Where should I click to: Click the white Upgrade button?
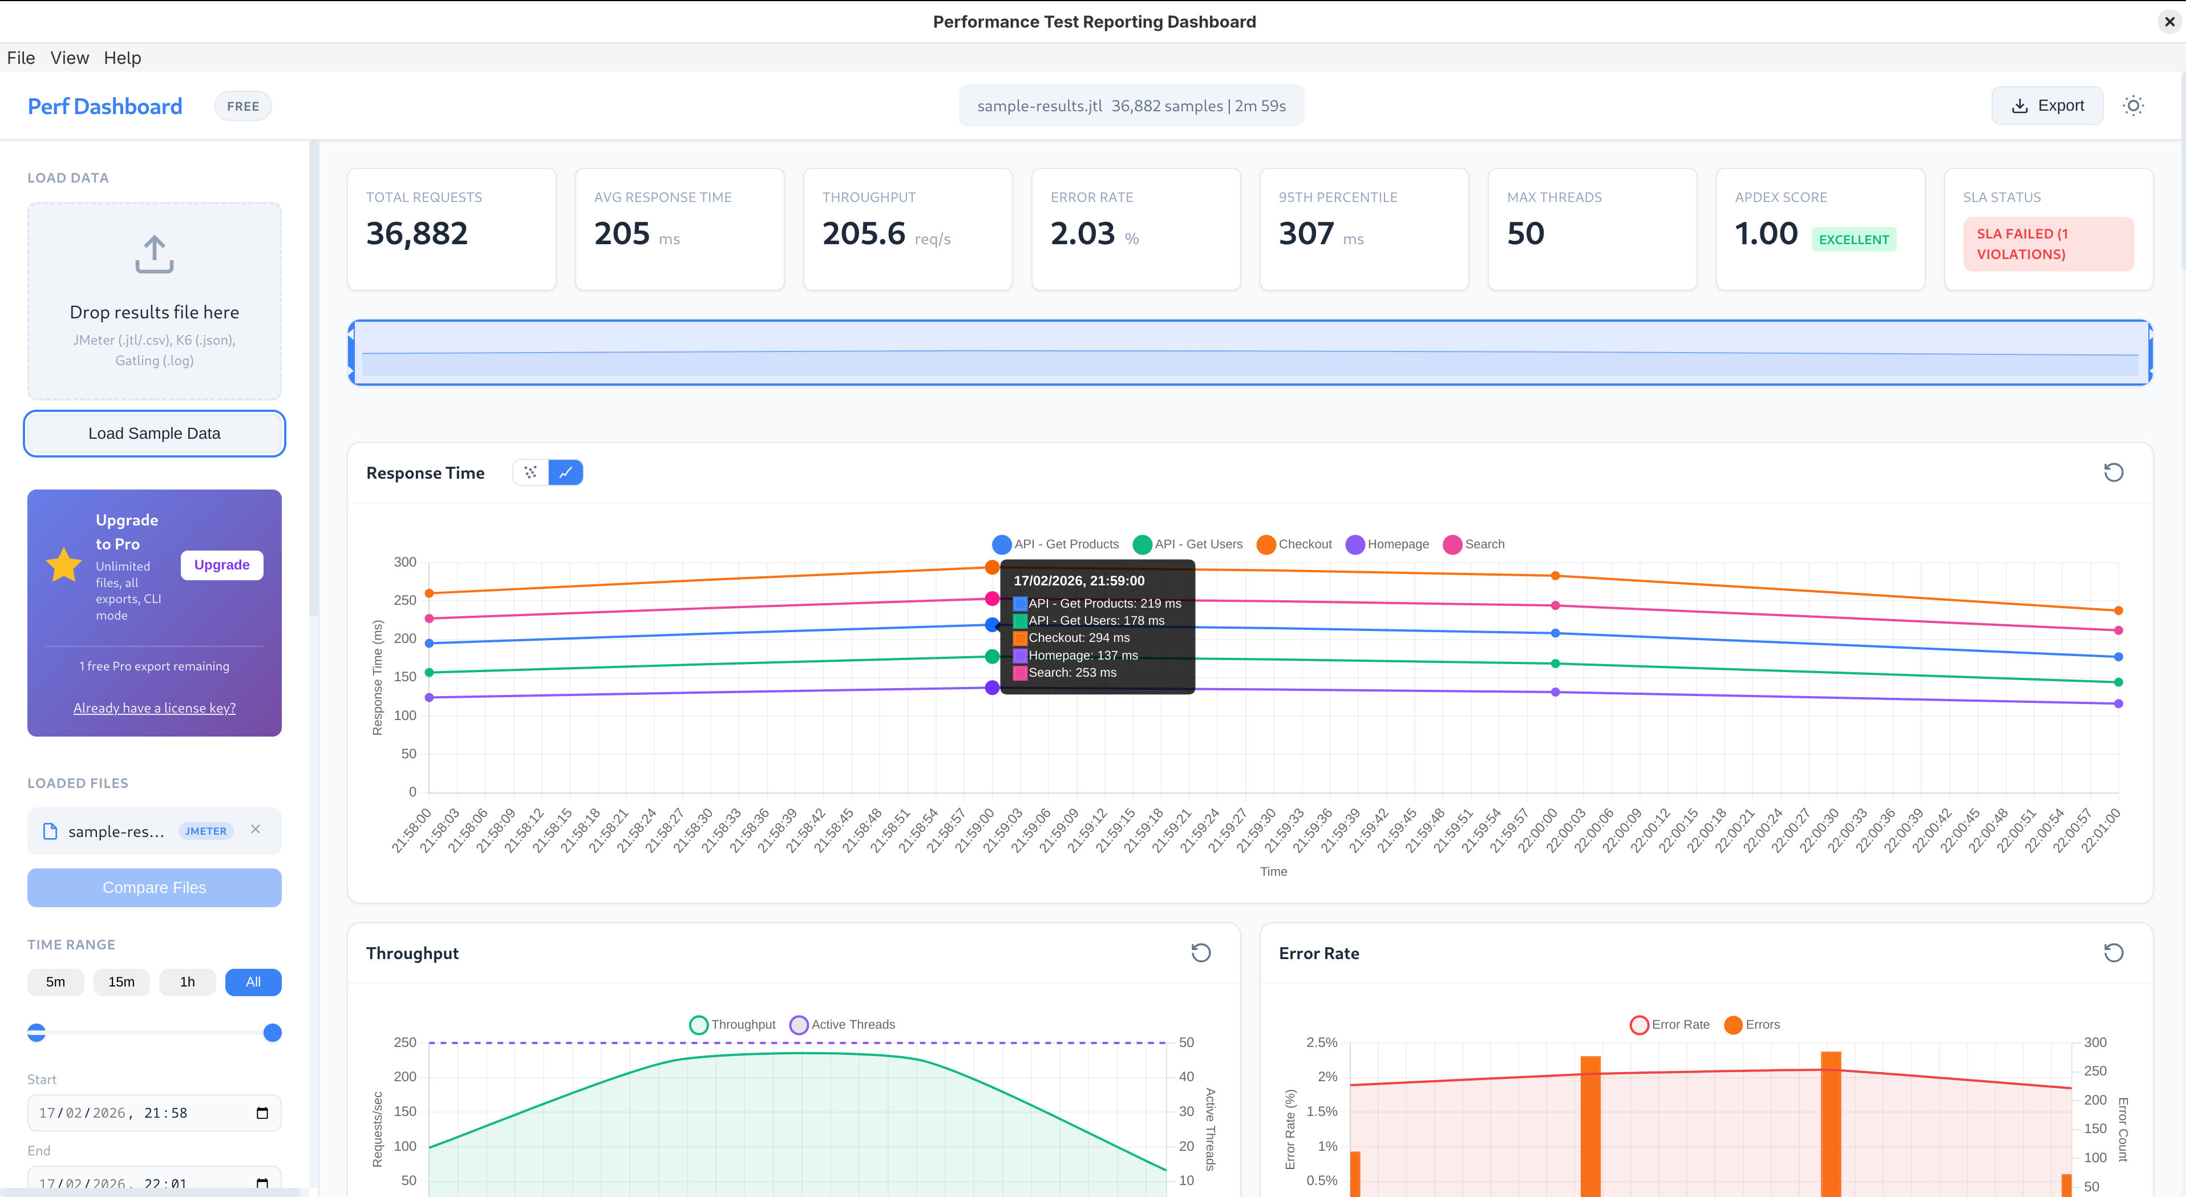pos(221,564)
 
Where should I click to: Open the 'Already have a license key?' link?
pos(155,708)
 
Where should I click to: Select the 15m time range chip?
pos(122,981)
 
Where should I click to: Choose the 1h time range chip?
pos(188,981)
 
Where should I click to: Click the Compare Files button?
pos(155,887)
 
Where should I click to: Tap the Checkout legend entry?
pos(1294,544)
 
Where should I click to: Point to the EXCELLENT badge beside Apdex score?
pos(1853,240)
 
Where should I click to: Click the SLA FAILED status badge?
pos(2048,244)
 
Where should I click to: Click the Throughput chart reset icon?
pos(1200,952)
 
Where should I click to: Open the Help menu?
pos(122,58)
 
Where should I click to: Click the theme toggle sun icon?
pos(2132,106)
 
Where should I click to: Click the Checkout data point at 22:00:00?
pos(1555,576)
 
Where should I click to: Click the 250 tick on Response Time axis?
pos(405,600)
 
